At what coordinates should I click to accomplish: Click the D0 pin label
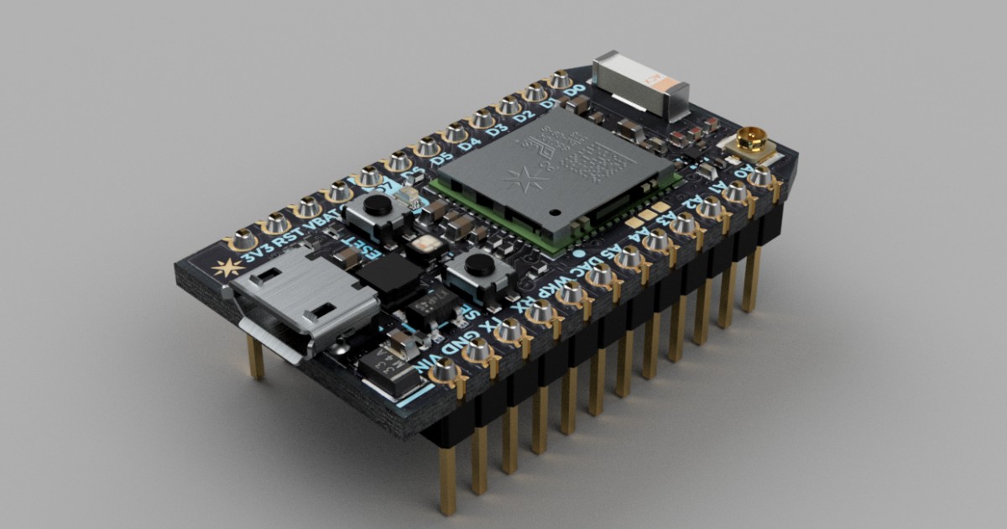(x=574, y=90)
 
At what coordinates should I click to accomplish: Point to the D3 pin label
(x=496, y=130)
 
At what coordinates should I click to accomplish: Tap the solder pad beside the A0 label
(x=760, y=177)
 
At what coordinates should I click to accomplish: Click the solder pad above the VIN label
(x=444, y=370)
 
